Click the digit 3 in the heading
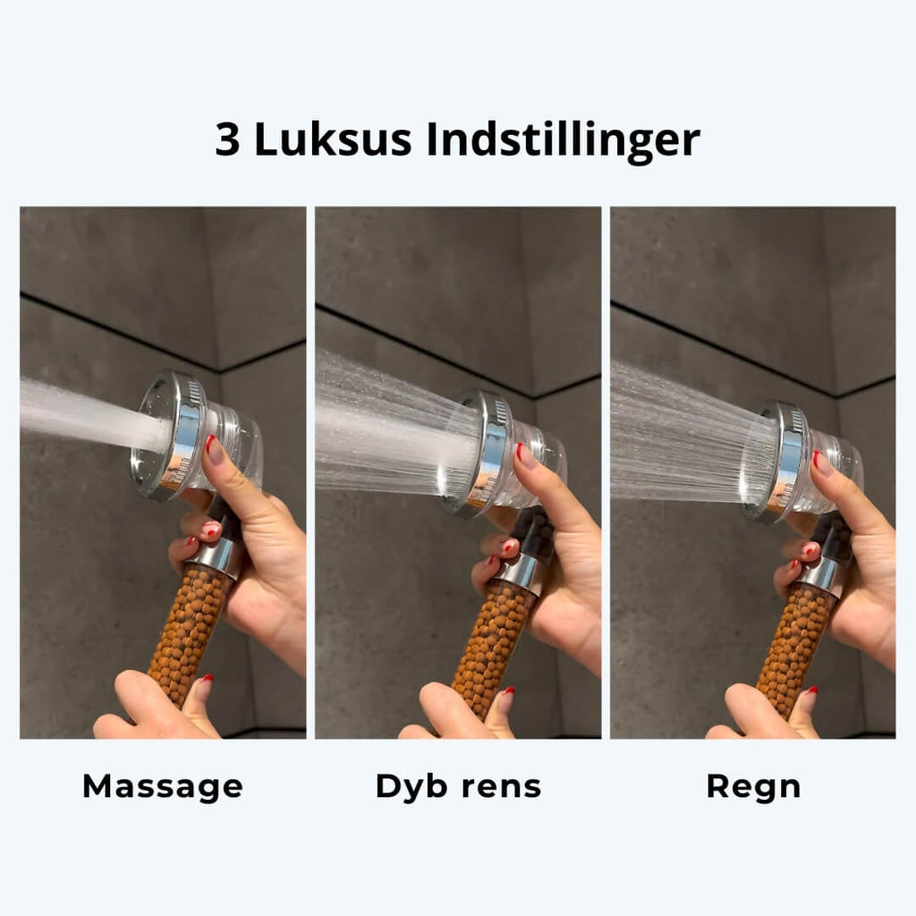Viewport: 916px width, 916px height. tap(227, 140)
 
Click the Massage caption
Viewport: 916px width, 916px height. tap(163, 787)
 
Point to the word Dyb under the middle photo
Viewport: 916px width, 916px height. tap(411, 787)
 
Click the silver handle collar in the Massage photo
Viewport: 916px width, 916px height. tap(216, 558)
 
